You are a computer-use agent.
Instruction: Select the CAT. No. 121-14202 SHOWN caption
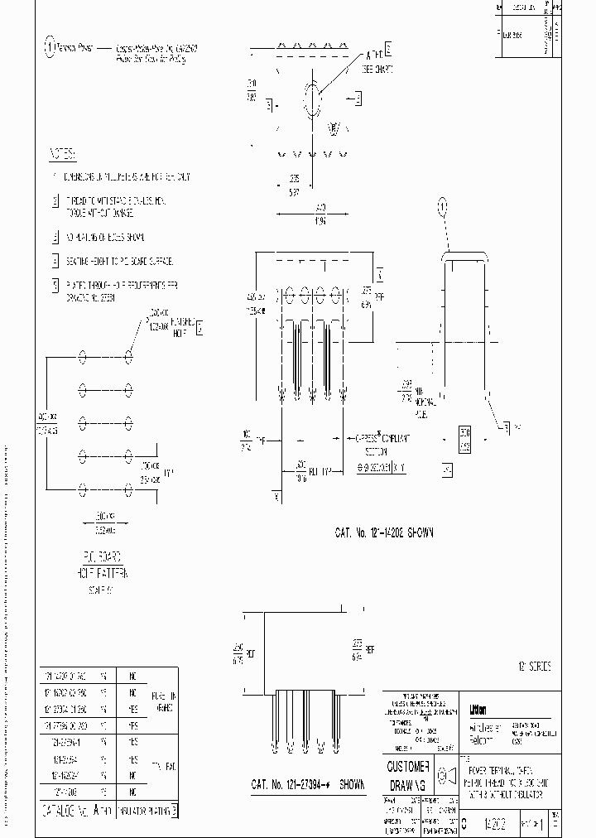385,534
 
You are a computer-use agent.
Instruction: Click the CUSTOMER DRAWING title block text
409,773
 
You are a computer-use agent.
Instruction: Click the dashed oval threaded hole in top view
312,101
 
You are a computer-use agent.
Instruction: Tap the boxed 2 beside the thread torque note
55,200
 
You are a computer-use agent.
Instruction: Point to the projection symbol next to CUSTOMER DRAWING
443,775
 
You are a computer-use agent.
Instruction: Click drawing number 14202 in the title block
497,825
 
